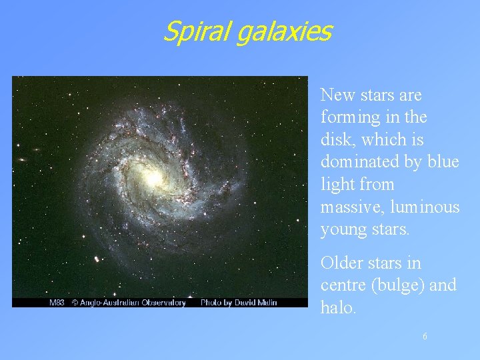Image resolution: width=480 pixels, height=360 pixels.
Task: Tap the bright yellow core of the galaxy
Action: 152,177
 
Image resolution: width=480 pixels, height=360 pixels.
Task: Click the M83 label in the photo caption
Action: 57,303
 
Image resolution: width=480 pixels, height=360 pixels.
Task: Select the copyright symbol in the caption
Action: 75,303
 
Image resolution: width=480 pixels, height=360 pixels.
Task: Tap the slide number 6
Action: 425,337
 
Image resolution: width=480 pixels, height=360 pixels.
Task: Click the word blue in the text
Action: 444,162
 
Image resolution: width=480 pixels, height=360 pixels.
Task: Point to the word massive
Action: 349,207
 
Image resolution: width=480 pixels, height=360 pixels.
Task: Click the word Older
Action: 342,263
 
